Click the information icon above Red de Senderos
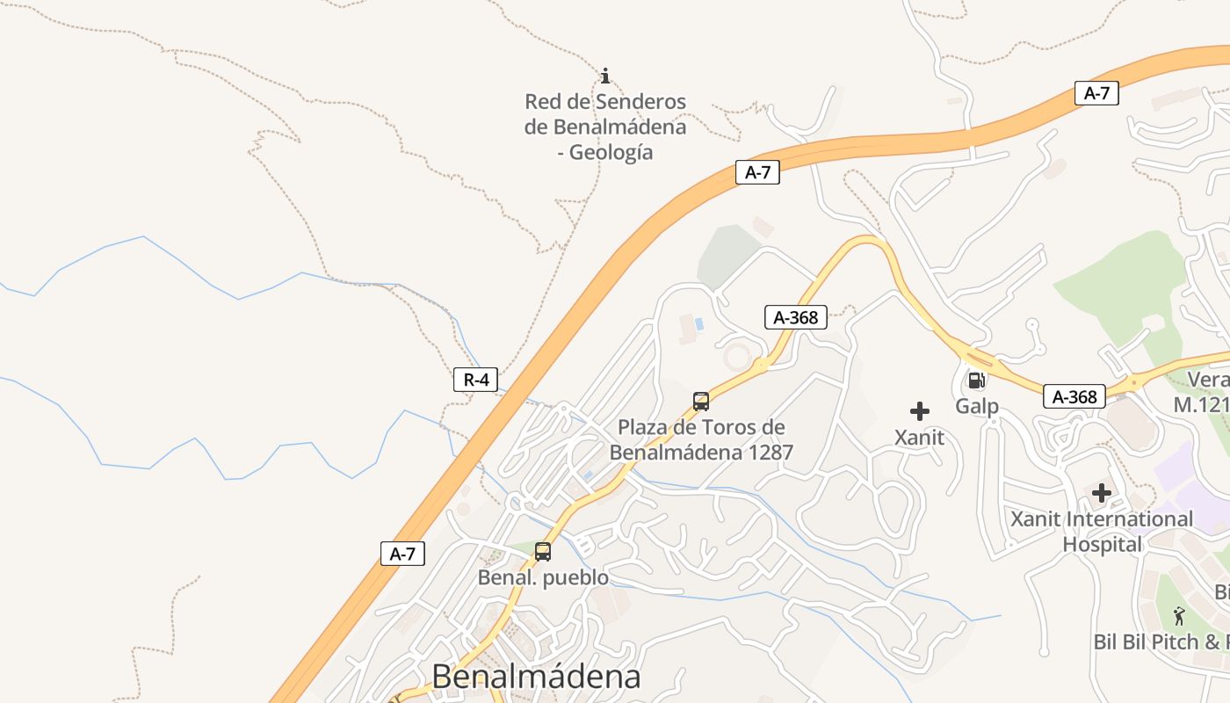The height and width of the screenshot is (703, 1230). click(x=604, y=76)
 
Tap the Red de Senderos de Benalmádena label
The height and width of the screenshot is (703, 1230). click(x=605, y=127)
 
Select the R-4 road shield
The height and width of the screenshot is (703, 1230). click(x=475, y=380)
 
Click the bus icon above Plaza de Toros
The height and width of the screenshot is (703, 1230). click(x=700, y=402)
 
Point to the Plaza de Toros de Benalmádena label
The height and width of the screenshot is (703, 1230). click(x=701, y=440)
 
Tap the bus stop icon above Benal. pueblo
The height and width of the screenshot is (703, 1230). click(x=543, y=552)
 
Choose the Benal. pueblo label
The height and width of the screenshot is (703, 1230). click(x=543, y=577)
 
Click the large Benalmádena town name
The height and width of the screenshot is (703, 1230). click(x=536, y=677)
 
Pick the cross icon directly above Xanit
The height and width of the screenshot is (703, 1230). click(x=920, y=410)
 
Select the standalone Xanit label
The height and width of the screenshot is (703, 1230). click(x=919, y=437)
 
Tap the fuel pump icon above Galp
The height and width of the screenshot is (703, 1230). click(x=976, y=380)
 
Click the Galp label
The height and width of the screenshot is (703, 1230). click(x=977, y=406)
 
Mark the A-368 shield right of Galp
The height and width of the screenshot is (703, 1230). click(x=1074, y=396)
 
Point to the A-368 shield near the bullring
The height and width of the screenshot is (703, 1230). click(x=796, y=317)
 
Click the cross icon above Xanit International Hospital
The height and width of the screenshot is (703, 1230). click(x=1101, y=493)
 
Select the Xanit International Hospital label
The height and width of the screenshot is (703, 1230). click(x=1102, y=532)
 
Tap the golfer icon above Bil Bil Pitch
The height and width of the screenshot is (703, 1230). click(x=1179, y=616)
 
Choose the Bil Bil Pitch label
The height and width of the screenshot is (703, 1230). click(x=1160, y=641)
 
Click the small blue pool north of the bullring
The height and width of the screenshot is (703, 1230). click(x=699, y=323)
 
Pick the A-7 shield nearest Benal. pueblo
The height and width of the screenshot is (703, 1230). click(x=402, y=554)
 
